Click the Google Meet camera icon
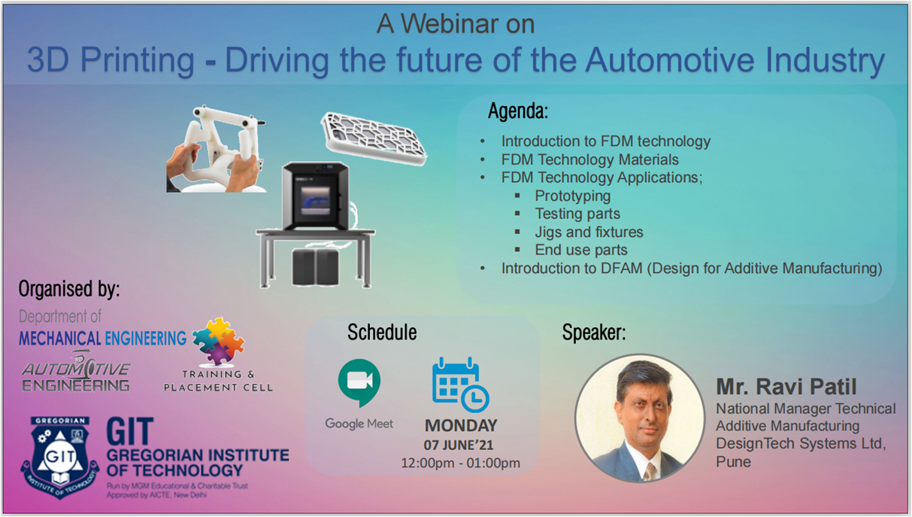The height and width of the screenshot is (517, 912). click(359, 382)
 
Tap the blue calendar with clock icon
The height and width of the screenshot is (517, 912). click(460, 385)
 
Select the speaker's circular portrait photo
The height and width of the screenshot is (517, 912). click(640, 418)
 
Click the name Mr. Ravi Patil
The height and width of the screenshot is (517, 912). click(786, 386)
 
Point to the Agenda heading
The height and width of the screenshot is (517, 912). click(518, 111)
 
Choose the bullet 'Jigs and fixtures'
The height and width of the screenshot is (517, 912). click(589, 232)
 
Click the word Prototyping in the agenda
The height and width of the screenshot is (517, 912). click(572, 196)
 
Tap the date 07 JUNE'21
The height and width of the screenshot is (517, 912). click(459, 445)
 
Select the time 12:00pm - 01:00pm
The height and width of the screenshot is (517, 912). click(460, 464)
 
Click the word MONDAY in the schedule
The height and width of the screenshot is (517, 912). click(461, 425)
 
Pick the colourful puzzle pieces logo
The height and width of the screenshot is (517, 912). click(219, 341)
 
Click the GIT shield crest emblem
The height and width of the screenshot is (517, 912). click(60, 457)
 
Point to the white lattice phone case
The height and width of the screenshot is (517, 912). click(374, 138)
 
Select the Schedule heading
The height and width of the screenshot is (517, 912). click(382, 332)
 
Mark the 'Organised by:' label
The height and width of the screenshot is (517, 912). click(69, 289)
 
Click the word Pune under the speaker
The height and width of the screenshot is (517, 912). click(733, 461)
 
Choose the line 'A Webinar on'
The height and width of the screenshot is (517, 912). click(455, 23)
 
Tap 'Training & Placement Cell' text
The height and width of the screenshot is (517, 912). click(218, 381)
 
